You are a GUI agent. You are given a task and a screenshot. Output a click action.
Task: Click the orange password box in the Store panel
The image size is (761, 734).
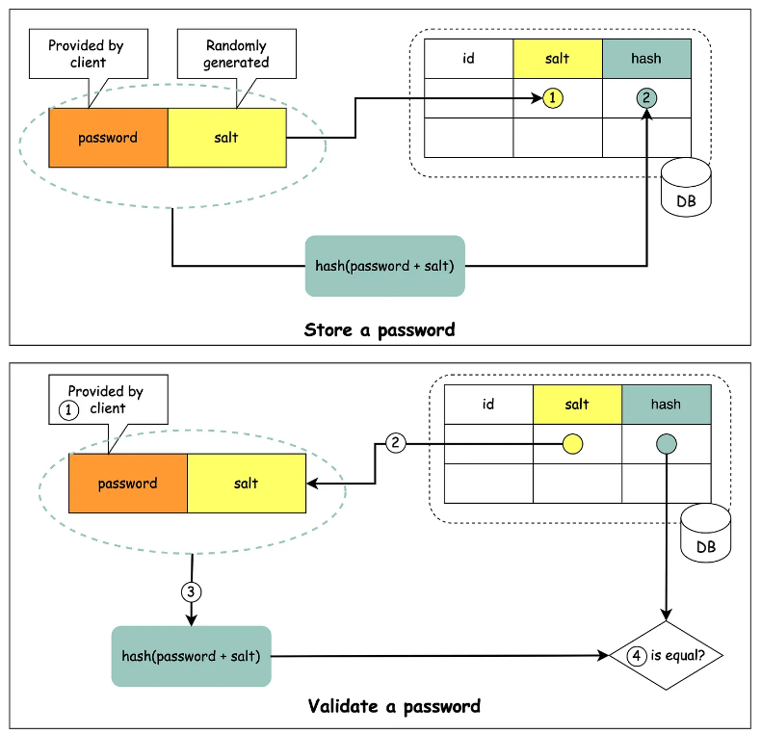[108, 138]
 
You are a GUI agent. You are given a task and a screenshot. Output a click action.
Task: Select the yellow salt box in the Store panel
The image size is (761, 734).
[226, 138]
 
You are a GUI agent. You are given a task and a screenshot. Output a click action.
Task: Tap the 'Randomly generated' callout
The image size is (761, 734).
[237, 54]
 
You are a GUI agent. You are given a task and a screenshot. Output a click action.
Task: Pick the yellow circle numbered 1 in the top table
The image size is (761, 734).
[552, 97]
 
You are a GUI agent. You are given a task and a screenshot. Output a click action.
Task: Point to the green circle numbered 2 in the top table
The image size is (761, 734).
[646, 97]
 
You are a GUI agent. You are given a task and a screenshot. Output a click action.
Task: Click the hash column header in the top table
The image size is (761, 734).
[646, 58]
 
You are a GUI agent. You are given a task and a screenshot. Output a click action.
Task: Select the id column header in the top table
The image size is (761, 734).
[468, 58]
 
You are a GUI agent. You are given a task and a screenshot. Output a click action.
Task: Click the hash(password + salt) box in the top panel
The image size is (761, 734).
[385, 265]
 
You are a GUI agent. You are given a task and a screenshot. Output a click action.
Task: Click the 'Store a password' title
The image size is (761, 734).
[380, 329]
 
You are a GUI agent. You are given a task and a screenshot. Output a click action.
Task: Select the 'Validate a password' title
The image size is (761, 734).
[394, 706]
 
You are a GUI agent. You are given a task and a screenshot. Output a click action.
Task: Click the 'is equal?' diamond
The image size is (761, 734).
[666, 656]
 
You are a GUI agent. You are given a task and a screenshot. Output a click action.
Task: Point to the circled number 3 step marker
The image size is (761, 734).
[191, 591]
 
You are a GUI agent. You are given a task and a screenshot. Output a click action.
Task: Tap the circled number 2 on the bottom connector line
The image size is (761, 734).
[395, 443]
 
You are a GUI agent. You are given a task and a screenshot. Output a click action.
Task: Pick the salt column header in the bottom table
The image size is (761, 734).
[577, 405]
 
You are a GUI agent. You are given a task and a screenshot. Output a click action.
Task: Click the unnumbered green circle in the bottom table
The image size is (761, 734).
[666, 444]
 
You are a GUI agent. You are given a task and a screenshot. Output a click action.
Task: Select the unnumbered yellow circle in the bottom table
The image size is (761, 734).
[572, 444]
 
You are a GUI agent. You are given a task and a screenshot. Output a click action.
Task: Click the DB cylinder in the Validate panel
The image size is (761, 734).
[705, 536]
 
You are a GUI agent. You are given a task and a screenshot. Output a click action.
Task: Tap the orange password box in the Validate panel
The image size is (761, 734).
[127, 484]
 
